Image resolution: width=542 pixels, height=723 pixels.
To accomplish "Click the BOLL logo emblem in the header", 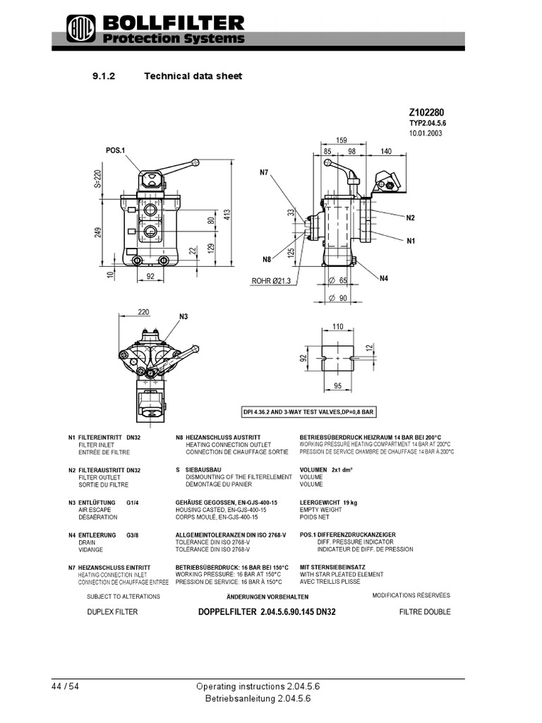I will [x=76, y=30].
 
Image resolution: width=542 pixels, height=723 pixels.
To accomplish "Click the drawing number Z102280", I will [x=426, y=112].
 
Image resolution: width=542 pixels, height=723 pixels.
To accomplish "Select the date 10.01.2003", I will [x=425, y=133].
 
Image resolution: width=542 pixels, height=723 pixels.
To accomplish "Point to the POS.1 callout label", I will [x=115, y=150].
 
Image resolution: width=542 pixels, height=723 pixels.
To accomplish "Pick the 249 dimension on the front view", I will [x=99, y=232].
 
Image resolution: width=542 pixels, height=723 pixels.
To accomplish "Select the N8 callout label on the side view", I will [x=267, y=259].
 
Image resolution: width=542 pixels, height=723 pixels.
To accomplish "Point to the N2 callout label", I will [x=410, y=218].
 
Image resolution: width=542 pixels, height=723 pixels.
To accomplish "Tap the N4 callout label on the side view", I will [x=384, y=278].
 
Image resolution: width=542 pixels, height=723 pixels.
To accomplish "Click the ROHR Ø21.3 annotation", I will [x=271, y=281].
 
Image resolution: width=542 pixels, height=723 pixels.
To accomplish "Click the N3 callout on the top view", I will [x=185, y=317].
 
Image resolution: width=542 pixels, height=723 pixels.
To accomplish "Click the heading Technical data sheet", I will [x=193, y=76].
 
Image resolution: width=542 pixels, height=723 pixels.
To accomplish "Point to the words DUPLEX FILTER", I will [x=112, y=612].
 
